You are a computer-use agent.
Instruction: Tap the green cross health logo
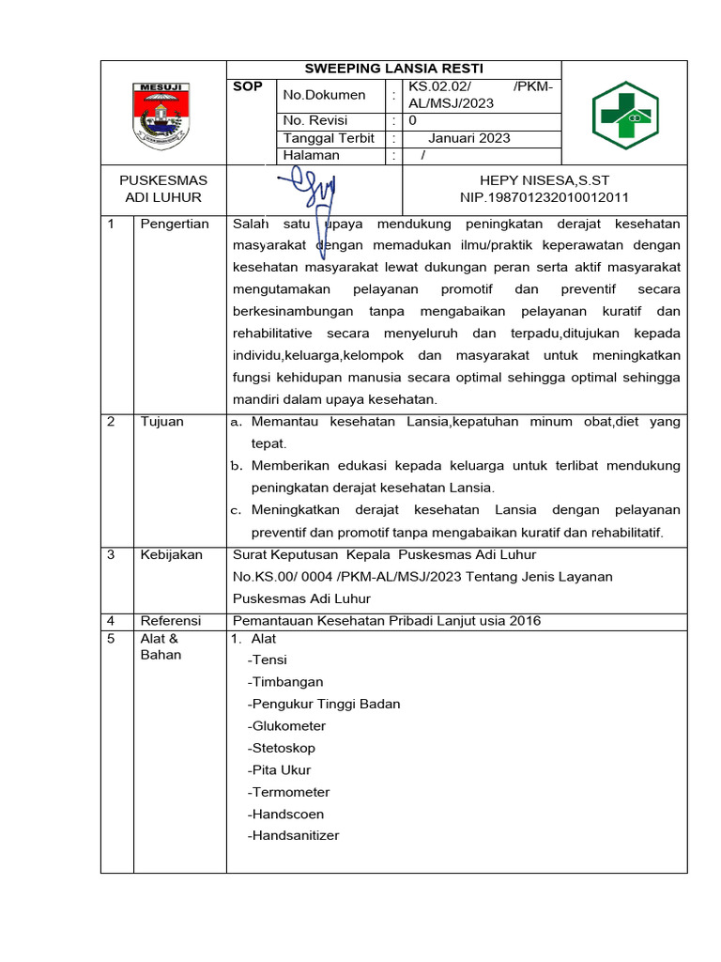[624, 116]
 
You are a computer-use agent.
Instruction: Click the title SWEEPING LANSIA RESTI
[394, 70]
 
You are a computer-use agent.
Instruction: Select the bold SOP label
[247, 86]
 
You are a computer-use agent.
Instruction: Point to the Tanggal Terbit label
[329, 138]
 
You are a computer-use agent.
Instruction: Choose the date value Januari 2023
[468, 138]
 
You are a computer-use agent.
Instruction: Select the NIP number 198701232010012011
[545, 197]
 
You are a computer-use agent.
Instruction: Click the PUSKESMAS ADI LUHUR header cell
[163, 189]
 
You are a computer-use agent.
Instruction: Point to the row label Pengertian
[175, 224]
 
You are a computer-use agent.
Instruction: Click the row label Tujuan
[161, 422]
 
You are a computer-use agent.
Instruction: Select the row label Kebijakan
[171, 554]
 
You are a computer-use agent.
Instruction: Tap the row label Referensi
[171, 621]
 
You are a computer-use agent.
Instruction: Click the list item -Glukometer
[286, 726]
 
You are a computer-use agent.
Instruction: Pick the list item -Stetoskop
[282, 748]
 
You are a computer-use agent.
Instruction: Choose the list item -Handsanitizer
[294, 835]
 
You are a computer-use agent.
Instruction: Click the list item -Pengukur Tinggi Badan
[324, 704]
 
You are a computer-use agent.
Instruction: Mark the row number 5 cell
[111, 639]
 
